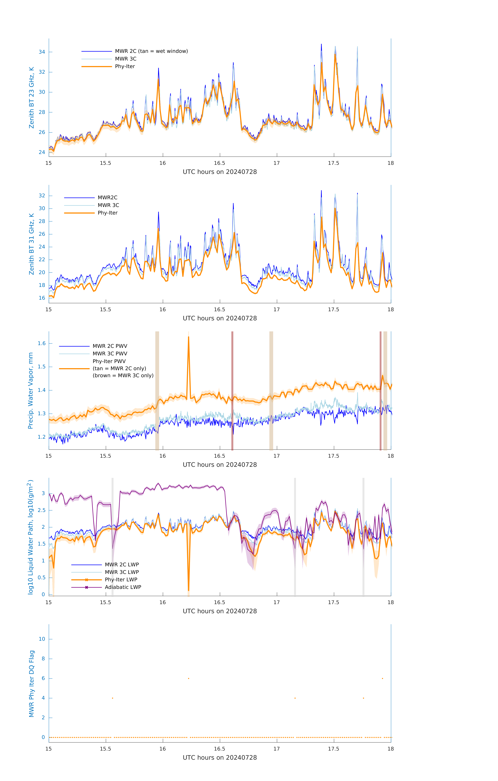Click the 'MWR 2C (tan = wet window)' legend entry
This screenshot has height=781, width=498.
[151, 51]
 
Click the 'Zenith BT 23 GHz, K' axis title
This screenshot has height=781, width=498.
[32, 98]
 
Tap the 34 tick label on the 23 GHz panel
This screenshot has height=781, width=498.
[42, 52]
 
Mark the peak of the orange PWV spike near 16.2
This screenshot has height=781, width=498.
[189, 337]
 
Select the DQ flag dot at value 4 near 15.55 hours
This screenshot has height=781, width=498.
[113, 698]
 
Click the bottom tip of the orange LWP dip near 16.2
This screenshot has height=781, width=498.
[189, 590]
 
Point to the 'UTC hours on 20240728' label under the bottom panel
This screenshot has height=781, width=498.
[220, 758]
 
